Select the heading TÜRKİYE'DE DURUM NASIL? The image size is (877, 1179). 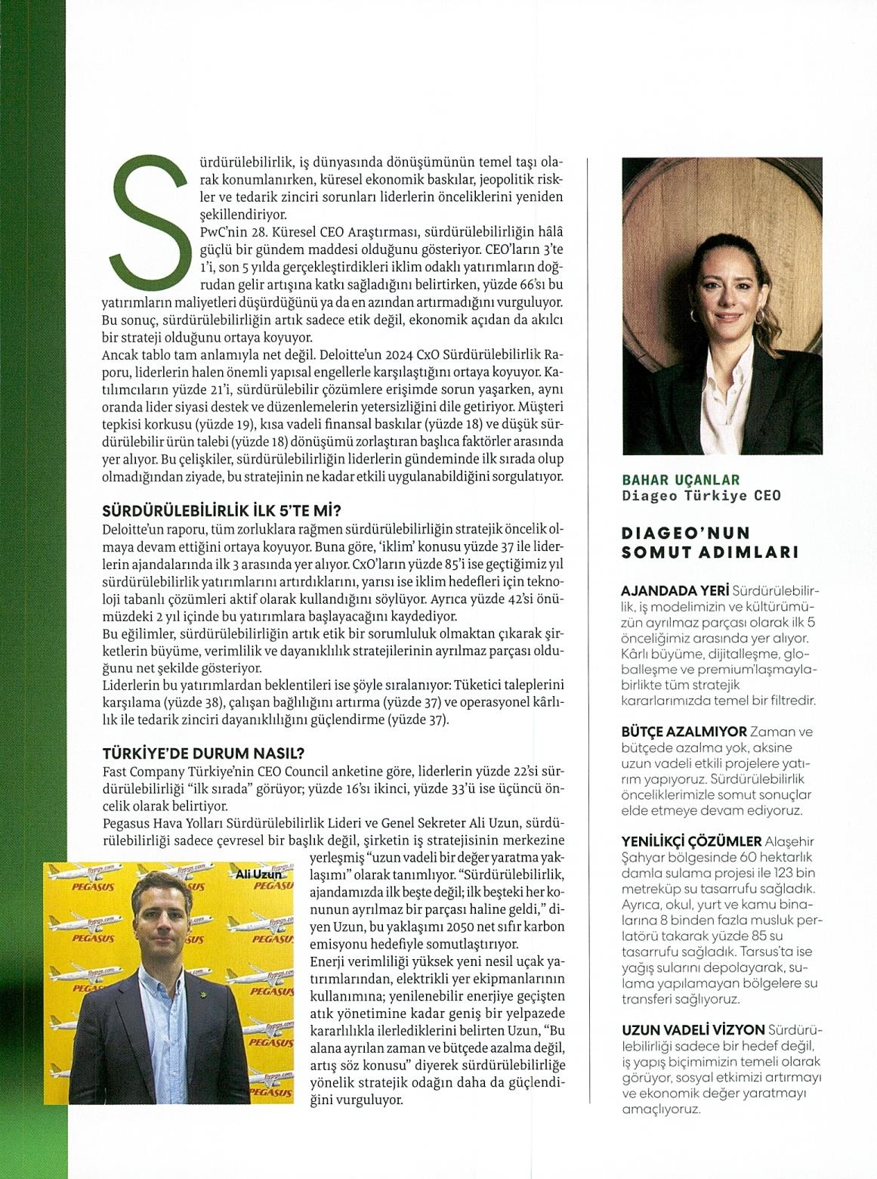click(x=203, y=754)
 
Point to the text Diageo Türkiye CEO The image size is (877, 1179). click(x=701, y=496)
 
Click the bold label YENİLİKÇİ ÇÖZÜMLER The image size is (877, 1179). click(x=691, y=840)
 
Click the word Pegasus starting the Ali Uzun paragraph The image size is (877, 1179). click(x=124, y=822)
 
